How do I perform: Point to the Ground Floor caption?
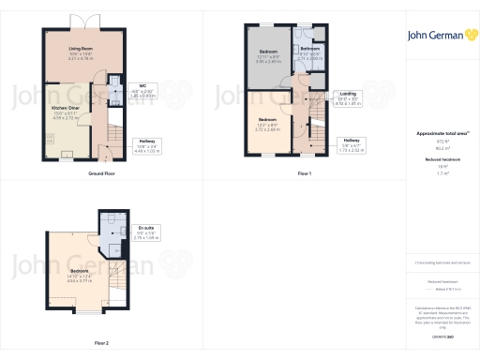[101, 175]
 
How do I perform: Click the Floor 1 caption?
[304, 175]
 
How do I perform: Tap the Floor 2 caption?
[100, 343]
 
